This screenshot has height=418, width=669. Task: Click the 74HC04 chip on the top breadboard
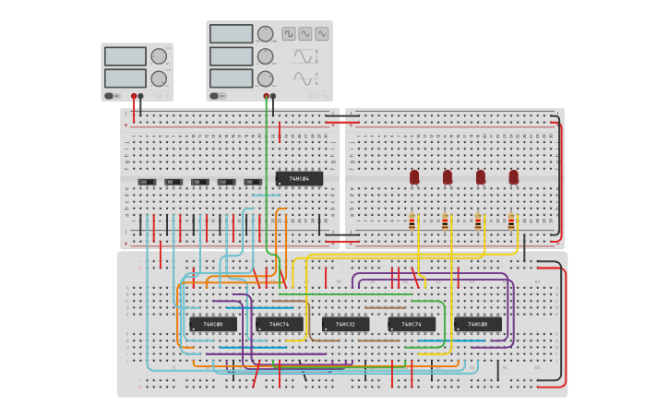(299, 179)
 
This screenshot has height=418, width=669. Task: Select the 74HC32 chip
(345, 325)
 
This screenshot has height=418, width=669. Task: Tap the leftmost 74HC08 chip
(212, 325)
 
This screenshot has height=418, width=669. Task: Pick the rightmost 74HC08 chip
(477, 325)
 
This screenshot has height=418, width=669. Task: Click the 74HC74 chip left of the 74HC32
(279, 325)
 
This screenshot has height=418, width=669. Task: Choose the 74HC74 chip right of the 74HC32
(412, 325)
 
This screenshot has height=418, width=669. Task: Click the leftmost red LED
(414, 176)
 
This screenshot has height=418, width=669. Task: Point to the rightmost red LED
(514, 176)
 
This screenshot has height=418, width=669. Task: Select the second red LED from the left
(448, 176)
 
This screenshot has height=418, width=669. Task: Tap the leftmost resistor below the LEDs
(412, 221)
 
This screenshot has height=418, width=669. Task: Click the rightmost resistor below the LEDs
(511, 221)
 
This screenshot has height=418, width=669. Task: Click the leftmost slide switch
(146, 182)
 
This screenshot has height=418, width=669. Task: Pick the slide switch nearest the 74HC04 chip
(253, 182)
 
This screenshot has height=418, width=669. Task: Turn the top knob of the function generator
(266, 34)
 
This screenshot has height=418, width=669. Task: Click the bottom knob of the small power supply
(159, 78)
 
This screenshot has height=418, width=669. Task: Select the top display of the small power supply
(125, 56)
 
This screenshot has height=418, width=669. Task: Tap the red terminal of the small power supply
(134, 96)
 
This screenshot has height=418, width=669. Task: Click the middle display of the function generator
(231, 56)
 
